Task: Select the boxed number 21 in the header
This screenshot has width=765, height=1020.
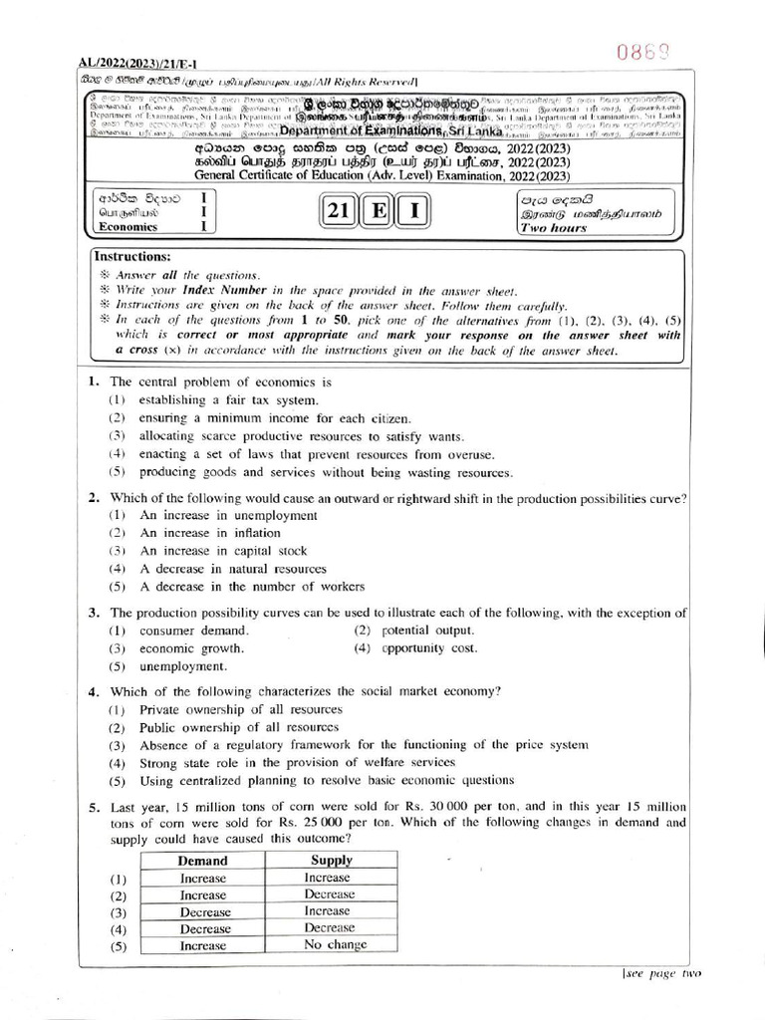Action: pos(338,213)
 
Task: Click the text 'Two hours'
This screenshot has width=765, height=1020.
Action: pos(554,228)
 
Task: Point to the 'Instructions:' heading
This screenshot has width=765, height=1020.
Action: pos(131,257)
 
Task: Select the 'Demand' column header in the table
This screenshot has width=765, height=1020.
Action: pos(202,861)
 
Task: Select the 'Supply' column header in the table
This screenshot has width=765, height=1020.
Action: pos(331,861)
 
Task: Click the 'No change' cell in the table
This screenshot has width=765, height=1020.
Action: pos(335,944)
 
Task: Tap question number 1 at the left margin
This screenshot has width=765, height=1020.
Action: pos(93,382)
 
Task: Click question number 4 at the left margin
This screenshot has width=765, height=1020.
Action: pos(93,691)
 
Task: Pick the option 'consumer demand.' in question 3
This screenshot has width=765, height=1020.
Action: pos(194,631)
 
